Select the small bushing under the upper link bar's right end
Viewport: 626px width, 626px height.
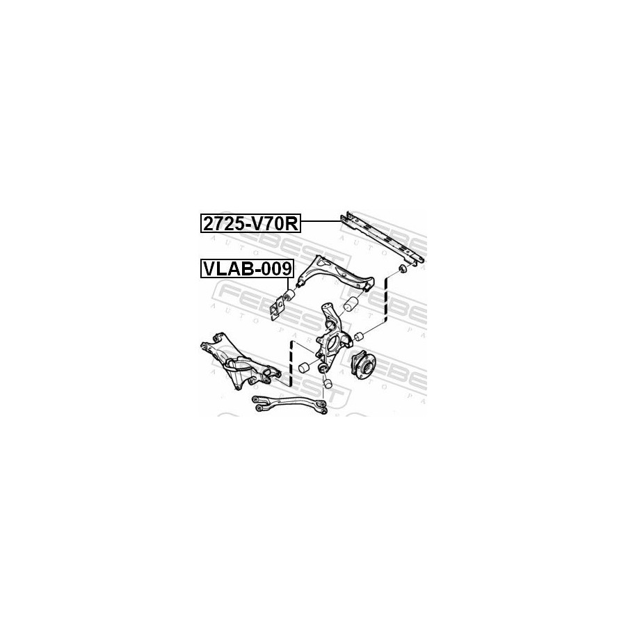[401, 268]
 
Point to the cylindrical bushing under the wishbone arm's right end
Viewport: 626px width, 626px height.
[352, 305]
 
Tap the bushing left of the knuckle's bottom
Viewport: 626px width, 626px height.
[303, 368]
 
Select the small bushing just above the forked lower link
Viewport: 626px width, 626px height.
[327, 383]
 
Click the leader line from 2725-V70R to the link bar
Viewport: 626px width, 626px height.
[320, 221]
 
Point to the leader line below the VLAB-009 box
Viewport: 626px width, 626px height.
[287, 284]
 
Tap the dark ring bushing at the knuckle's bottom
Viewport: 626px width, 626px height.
[323, 367]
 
